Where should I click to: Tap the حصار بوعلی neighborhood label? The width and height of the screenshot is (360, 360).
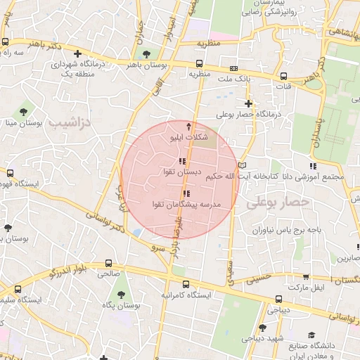pos(278,202)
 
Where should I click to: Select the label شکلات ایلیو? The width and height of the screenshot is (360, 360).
pos(189,139)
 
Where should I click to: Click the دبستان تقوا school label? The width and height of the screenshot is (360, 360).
pos(182,172)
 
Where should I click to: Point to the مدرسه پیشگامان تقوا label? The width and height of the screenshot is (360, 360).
pos(186,204)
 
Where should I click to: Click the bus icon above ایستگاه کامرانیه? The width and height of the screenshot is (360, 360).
pos(186,284)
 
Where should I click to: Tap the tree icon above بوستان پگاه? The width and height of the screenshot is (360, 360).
pos(120,292)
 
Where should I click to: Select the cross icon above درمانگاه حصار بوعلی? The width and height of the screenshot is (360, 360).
pos(248,103)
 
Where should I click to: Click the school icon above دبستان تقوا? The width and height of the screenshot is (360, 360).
pos(184,162)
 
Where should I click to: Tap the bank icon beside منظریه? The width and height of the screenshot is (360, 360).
pos(233,68)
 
